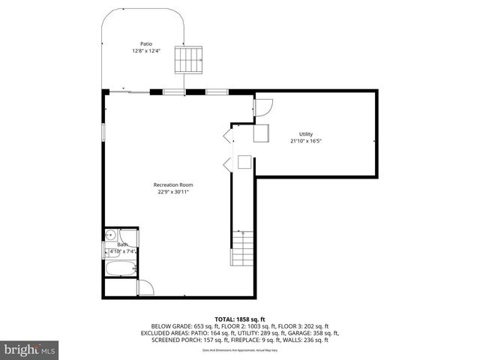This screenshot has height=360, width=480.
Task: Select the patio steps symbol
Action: (189, 60)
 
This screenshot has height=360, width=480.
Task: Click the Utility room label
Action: (306, 133)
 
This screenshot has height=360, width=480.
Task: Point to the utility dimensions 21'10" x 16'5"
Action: (306, 141)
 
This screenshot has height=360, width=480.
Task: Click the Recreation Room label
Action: (173, 184)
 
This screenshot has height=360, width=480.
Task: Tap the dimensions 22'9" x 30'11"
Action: (173, 192)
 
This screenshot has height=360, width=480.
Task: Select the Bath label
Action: (122, 244)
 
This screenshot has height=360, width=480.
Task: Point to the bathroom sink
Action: (110, 234)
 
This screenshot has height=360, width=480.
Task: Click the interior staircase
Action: (242, 249)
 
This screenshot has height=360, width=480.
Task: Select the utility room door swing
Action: (263, 109)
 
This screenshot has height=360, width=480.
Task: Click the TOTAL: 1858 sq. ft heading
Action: (239, 319)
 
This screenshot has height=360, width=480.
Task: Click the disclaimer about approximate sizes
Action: (239, 350)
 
